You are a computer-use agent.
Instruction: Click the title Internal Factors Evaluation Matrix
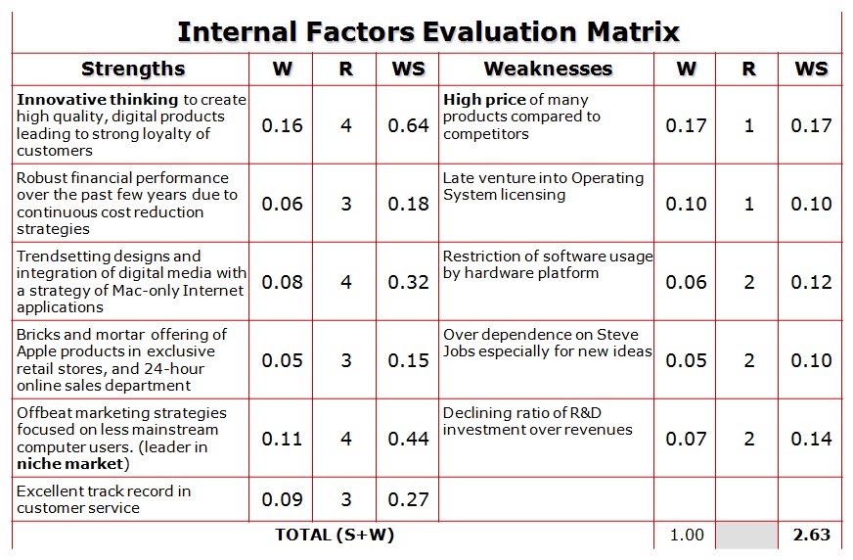[x=428, y=31]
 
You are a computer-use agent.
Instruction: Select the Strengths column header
[x=133, y=70]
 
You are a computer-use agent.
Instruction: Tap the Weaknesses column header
[x=548, y=69]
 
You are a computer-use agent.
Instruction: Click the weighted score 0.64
[x=408, y=125]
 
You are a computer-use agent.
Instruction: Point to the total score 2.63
[x=811, y=535]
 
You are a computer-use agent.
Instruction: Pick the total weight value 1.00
[x=687, y=535]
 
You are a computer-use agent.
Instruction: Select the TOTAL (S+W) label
[x=334, y=535]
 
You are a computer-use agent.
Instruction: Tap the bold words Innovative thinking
[x=98, y=100]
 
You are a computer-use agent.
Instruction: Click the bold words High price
[x=484, y=100]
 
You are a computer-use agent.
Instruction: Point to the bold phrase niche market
[x=70, y=464]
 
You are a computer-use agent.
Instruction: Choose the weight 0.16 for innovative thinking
[x=282, y=125]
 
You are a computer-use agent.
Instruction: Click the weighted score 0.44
[x=408, y=439]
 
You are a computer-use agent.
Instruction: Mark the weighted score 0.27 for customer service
[x=408, y=499]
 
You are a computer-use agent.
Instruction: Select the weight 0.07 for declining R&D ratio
[x=686, y=439]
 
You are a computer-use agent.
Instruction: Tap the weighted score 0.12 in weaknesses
[x=811, y=282]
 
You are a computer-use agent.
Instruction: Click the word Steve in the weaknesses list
[x=617, y=334]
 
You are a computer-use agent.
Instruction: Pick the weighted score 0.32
[x=408, y=282]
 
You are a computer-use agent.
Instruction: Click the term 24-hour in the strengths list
[x=175, y=369]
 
